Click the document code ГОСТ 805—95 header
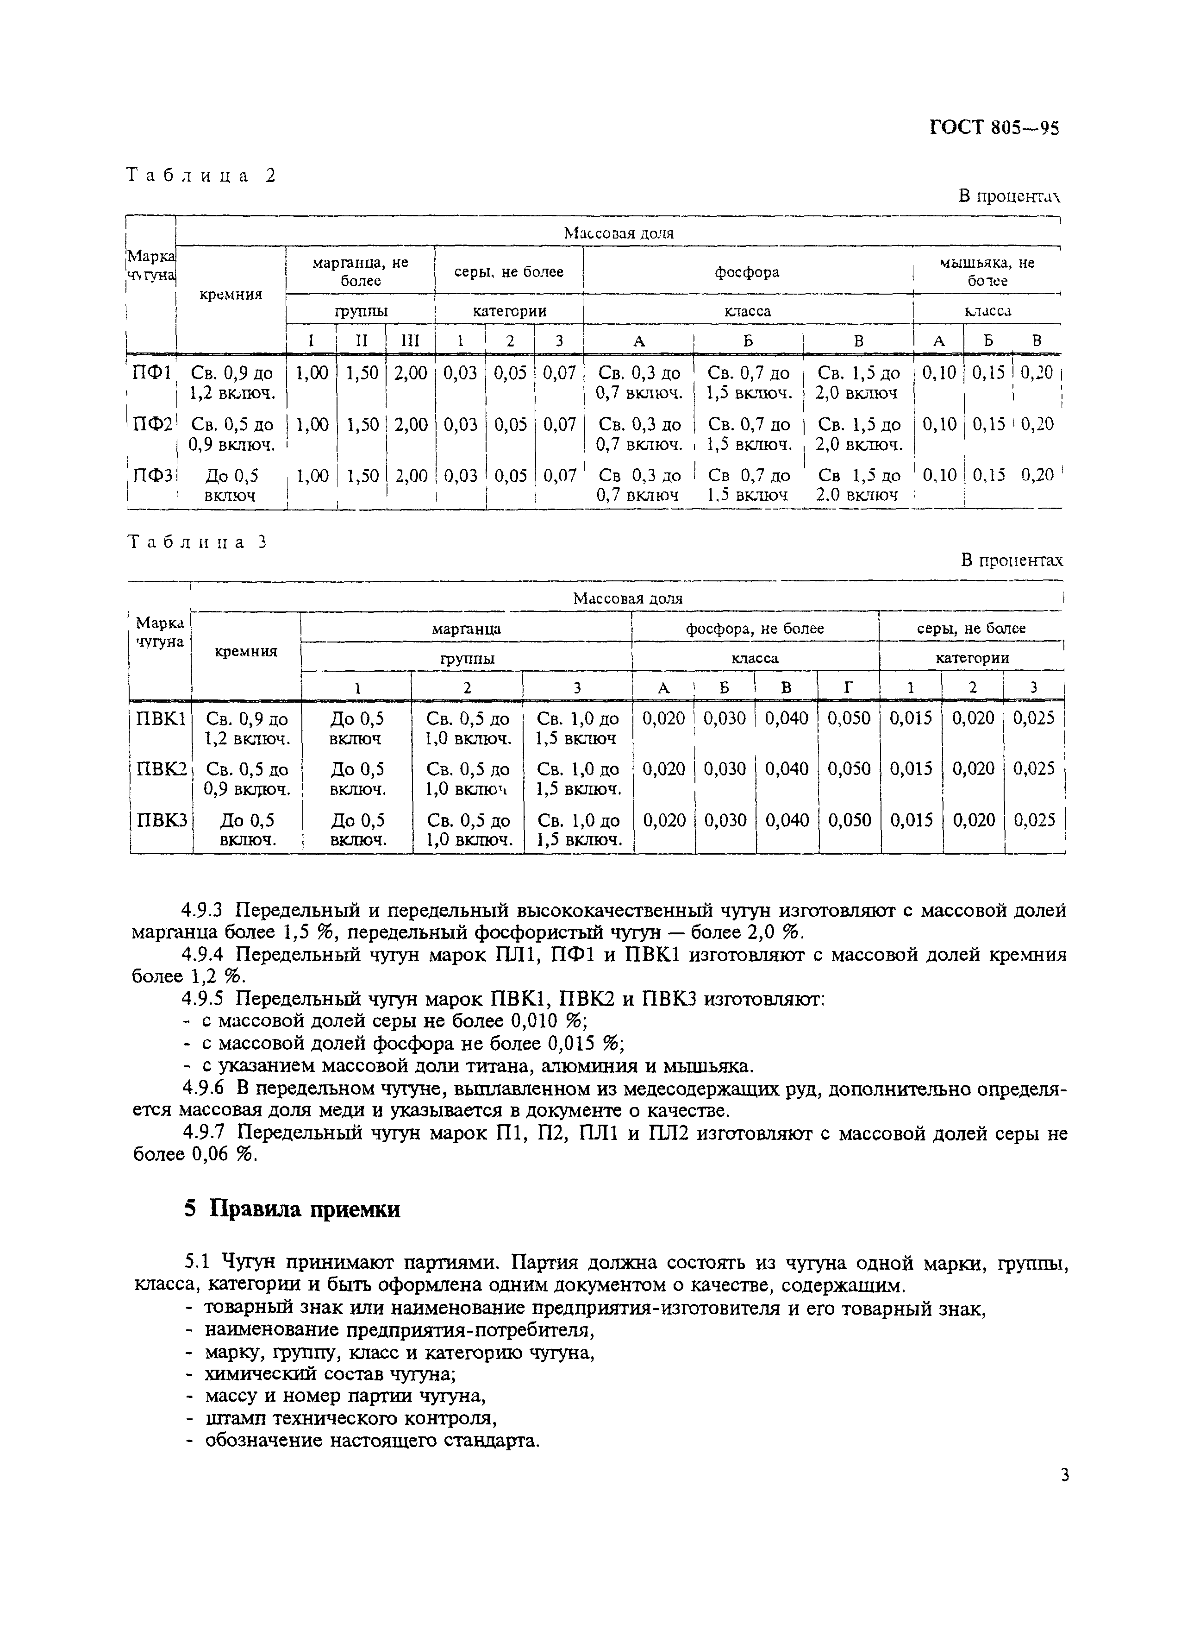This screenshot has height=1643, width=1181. [x=994, y=128]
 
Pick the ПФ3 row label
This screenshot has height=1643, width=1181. [x=152, y=476]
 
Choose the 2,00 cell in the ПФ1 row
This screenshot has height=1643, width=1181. [x=410, y=373]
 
